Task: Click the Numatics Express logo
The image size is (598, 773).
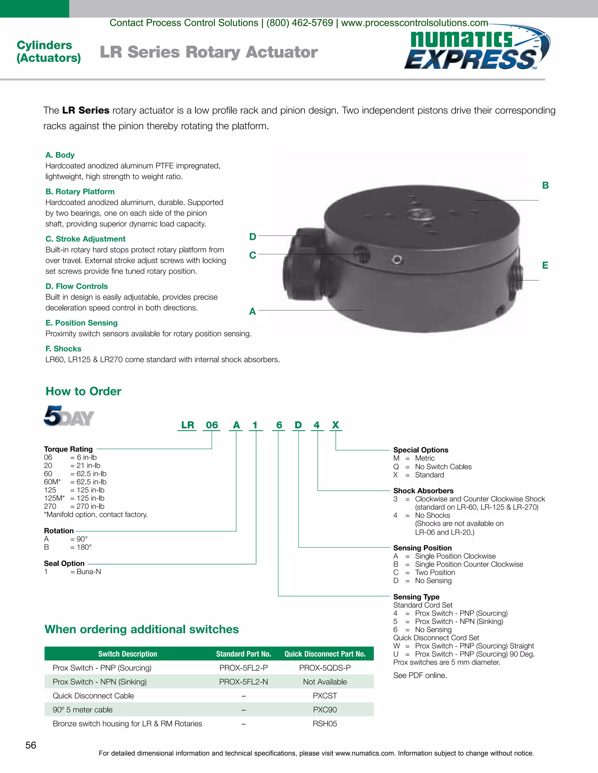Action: tap(477, 50)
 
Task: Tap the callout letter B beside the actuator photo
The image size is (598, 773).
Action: tap(545, 186)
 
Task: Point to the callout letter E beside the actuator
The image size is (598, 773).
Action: tap(545, 265)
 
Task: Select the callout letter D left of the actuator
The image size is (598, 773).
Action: tap(253, 237)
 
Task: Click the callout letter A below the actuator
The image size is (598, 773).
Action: tap(252, 312)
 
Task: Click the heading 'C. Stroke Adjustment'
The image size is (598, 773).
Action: tap(85, 239)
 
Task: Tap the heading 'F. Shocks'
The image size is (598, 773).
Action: tap(63, 349)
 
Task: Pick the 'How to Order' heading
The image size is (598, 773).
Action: tap(83, 391)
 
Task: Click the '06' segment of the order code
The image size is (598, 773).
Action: tap(212, 425)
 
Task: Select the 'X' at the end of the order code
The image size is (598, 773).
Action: tap(335, 425)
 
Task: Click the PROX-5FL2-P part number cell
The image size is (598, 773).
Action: tap(244, 668)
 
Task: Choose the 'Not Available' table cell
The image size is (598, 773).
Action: tap(325, 682)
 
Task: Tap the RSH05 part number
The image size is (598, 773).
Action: tap(325, 724)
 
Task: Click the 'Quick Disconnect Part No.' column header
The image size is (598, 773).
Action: tap(325, 654)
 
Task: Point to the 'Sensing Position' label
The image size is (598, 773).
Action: tap(422, 548)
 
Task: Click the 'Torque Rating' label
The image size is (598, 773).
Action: tap(68, 449)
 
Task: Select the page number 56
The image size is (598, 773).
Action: tap(31, 745)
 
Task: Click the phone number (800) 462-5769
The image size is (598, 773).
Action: tap(300, 23)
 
